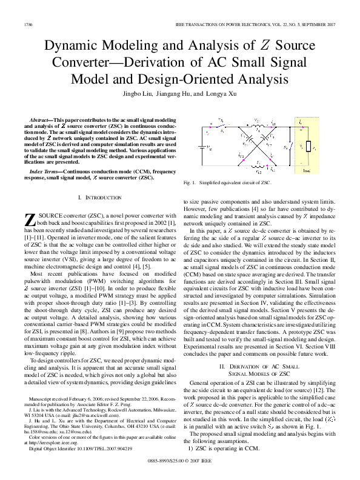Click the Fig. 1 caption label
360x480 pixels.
[x=190, y=183]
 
